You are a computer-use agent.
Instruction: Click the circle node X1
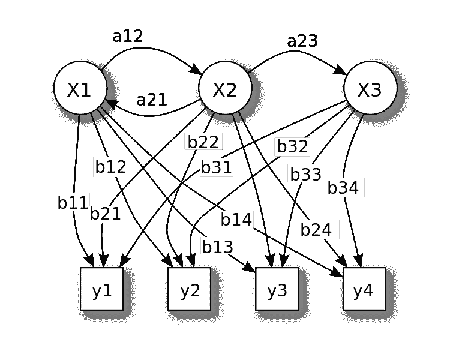(79, 90)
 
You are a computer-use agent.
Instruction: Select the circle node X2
(225, 90)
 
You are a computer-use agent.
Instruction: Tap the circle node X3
(370, 90)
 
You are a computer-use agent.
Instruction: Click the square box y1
(101, 290)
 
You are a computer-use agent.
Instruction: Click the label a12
(128, 36)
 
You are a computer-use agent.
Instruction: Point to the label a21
(152, 99)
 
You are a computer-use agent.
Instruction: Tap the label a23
(302, 41)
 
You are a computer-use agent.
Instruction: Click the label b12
(111, 167)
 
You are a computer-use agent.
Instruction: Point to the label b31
(216, 167)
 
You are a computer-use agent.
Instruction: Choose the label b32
(292, 146)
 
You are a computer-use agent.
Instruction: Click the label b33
(306, 174)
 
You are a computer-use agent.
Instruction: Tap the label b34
(344, 188)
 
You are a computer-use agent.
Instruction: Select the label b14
(236, 220)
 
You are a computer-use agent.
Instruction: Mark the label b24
(316, 229)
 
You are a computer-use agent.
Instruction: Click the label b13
(218, 246)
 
